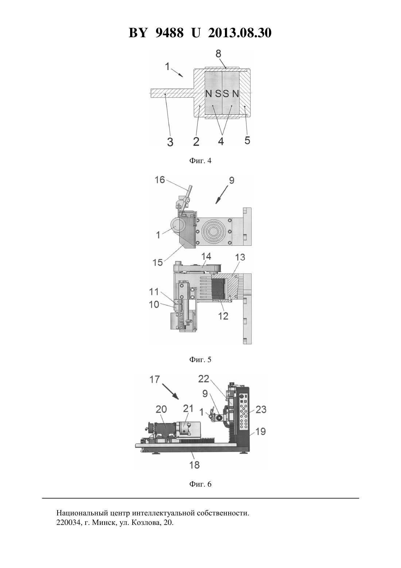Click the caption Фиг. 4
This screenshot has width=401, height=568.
tap(200, 161)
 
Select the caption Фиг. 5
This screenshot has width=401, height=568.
tap(200, 359)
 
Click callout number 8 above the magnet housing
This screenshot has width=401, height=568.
tap(218, 54)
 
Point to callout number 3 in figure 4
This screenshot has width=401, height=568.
tap(170, 142)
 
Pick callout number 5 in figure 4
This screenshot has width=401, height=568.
tap(247, 140)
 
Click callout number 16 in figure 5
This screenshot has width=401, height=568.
tap(160, 180)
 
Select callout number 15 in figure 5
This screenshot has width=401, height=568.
tap(157, 262)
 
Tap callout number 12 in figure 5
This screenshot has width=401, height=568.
tap(223, 316)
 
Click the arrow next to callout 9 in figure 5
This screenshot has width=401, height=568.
tap(222, 195)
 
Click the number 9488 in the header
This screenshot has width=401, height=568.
tap(169, 33)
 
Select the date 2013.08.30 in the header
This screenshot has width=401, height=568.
tap(240, 33)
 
